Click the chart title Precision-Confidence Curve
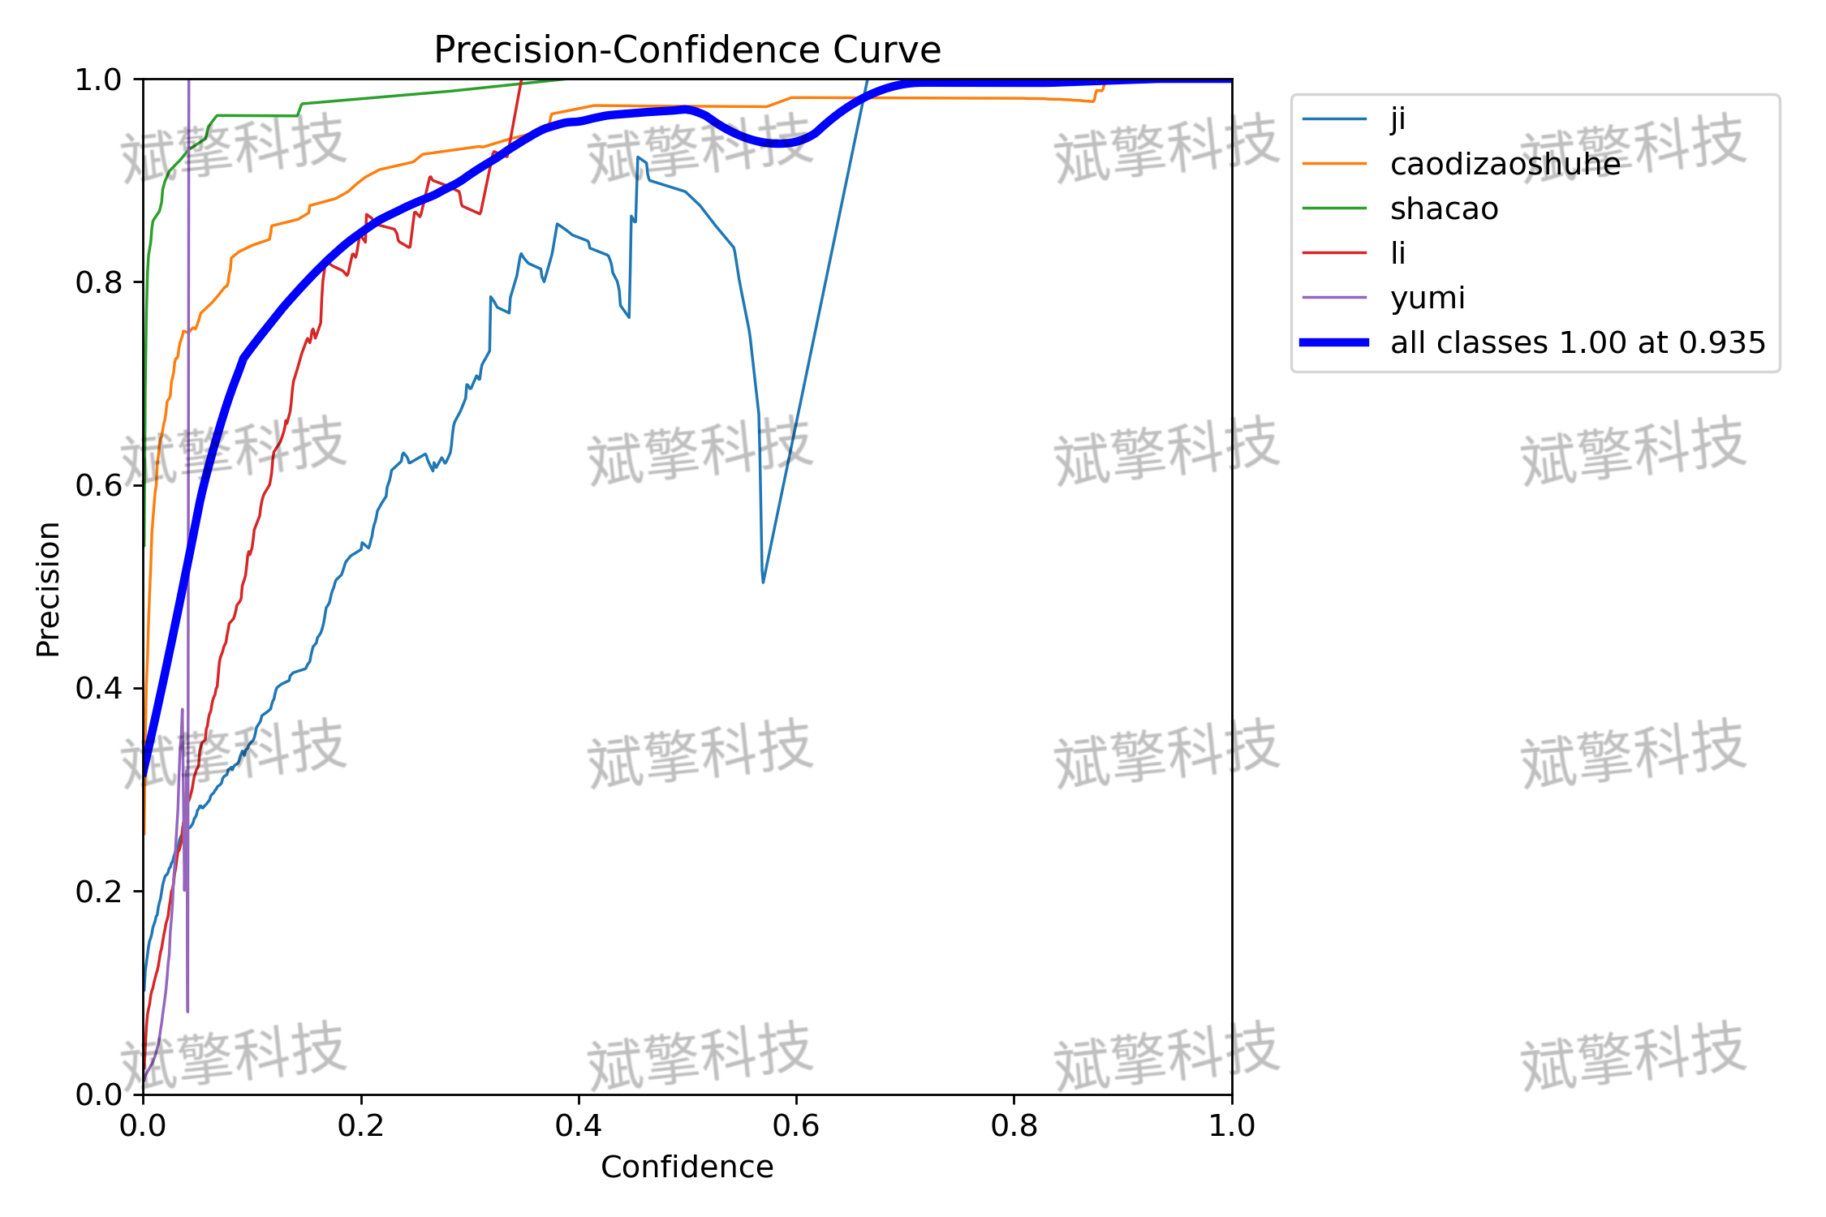pos(687,50)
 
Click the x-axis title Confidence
pos(687,1167)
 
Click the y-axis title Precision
pos(49,589)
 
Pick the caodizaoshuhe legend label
pos(1505,164)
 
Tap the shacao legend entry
pos(1445,209)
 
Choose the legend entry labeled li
pos(1397,253)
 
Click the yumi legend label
pos(1428,299)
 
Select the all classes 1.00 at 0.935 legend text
pos(1578,342)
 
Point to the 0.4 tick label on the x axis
pos(579,1125)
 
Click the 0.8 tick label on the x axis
pos(1014,1125)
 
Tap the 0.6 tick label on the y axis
pos(98,485)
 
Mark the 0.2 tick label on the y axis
pos(98,892)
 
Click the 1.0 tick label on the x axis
pos(1232,1125)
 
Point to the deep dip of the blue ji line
pos(763,582)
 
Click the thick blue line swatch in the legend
pos(1334,342)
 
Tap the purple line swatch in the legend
pos(1334,298)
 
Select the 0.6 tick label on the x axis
pos(796,1125)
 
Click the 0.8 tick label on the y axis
pos(98,282)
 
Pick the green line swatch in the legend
pos(1334,209)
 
